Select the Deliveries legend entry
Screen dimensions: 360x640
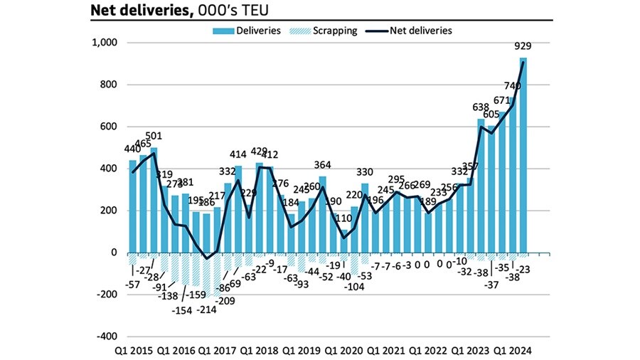(x=250, y=31)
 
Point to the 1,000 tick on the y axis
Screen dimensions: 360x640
(x=105, y=43)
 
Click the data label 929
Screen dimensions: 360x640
(x=523, y=47)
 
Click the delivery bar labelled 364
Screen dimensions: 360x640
(x=323, y=214)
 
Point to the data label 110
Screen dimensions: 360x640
(x=343, y=219)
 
